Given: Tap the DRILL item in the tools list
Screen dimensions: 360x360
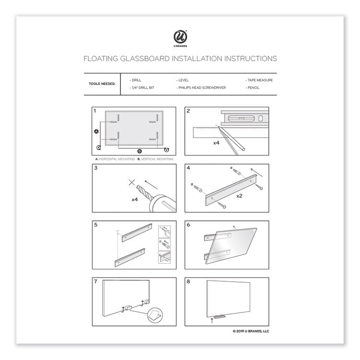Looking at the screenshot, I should tap(136, 80).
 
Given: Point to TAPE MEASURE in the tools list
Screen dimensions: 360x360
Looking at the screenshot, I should tap(259, 80).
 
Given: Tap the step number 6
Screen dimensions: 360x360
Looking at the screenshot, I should tap(189, 225).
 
